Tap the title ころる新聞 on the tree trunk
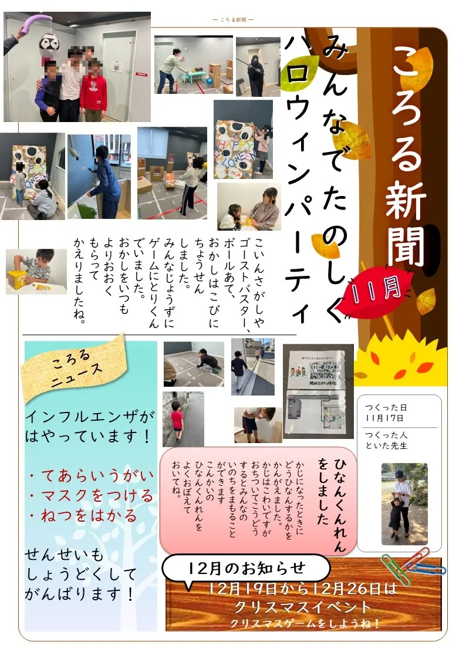point(406,156)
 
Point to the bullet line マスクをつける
point(90,495)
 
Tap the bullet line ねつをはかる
point(82,516)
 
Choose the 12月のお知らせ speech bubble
point(246,568)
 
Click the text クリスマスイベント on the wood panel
point(302,606)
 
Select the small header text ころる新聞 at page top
point(232,20)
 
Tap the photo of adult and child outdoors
point(404,503)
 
